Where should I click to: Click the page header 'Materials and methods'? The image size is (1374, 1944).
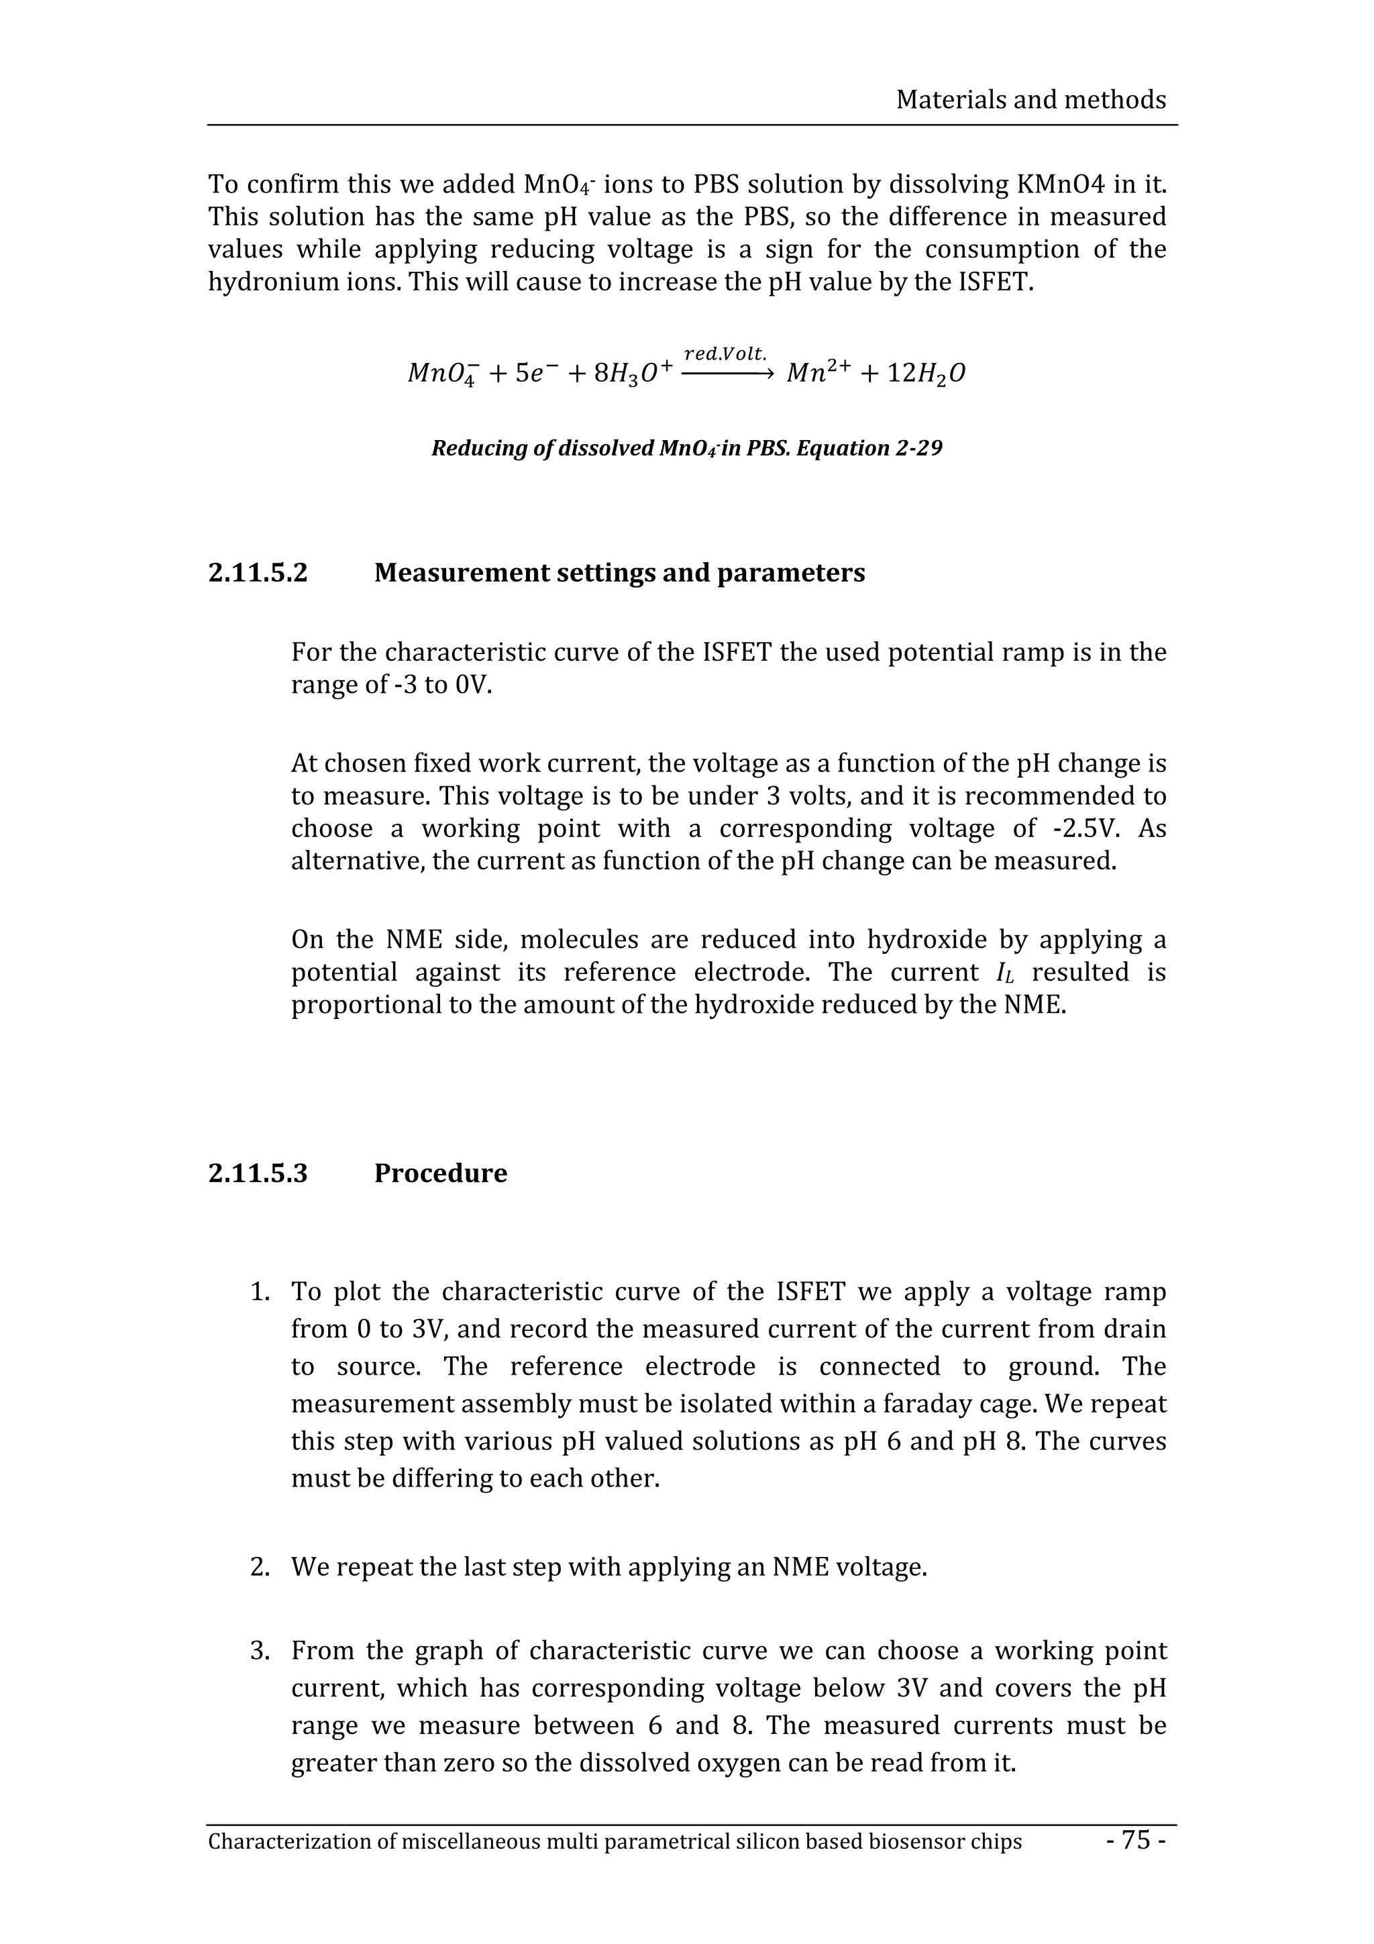click(x=1030, y=100)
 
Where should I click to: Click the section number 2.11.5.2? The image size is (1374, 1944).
click(x=258, y=574)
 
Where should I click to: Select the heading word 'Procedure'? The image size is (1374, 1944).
click(x=440, y=1173)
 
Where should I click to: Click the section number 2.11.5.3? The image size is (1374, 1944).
click(x=258, y=1173)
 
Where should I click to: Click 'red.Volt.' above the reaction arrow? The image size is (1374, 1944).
click(x=725, y=354)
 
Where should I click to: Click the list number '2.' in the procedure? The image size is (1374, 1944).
click(x=260, y=1567)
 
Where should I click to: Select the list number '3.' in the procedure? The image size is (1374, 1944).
click(x=260, y=1651)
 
